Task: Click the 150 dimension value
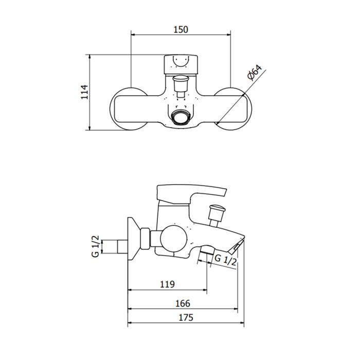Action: coord(181,29)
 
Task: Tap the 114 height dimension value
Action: coord(85,92)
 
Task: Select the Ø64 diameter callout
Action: coord(255,73)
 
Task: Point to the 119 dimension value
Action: coord(167,284)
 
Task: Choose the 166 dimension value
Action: coord(183,303)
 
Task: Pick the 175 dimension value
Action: coord(186,317)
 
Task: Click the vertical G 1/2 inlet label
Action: coord(96,246)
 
